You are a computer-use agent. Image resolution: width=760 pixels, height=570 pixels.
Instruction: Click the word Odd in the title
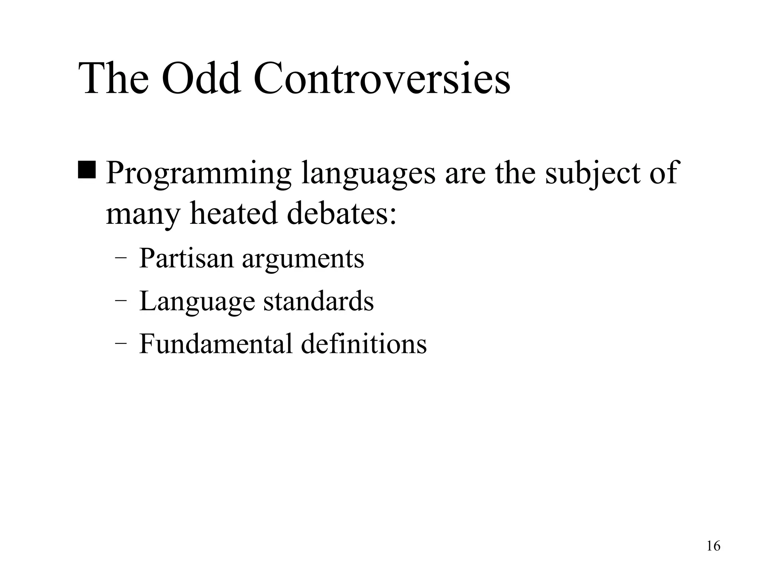[201, 79]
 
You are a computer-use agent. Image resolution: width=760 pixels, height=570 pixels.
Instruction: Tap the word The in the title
[114, 79]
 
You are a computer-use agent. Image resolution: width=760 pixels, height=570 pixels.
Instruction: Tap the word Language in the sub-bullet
[197, 301]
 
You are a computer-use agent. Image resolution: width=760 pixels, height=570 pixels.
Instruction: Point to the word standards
[318, 301]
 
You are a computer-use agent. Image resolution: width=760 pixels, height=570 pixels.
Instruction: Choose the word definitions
[364, 344]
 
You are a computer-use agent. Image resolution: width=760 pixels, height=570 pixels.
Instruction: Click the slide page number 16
[713, 546]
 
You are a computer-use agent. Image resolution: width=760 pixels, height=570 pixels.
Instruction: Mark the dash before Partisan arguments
[120, 259]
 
